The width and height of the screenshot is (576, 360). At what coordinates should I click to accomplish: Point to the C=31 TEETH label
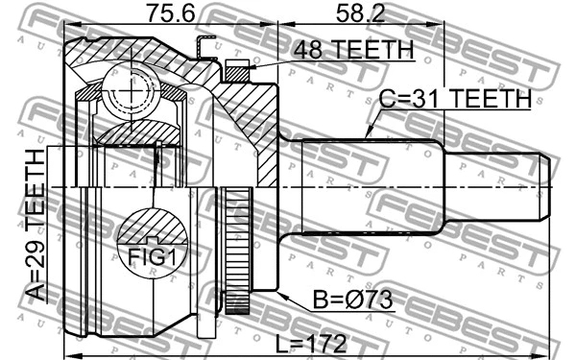pyautogui.click(x=455, y=98)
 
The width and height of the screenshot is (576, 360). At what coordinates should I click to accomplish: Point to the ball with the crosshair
pyautogui.click(x=124, y=91)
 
